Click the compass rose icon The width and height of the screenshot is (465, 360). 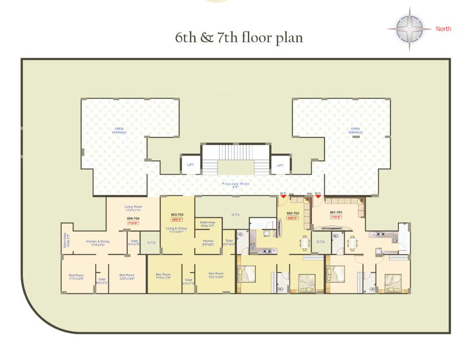tap(409, 29)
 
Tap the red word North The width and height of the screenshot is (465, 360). tap(443, 29)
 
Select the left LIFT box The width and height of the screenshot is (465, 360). tap(190, 165)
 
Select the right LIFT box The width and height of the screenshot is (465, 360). tap(280, 165)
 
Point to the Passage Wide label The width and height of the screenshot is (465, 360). tap(235, 185)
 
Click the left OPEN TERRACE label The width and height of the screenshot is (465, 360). tap(119, 131)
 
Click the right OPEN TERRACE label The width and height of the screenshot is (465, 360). tap(355, 131)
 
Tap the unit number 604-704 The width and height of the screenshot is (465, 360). tap(133, 218)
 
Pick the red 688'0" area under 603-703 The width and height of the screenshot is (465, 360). tap(176, 219)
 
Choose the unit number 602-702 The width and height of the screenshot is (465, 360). tap(293, 213)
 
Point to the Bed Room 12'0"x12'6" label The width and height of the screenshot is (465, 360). tap(127, 277)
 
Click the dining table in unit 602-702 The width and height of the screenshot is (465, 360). tap(305, 242)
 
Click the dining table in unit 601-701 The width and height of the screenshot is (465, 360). tap(352, 242)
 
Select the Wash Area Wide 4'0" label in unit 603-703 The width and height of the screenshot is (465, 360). tap(207, 224)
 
